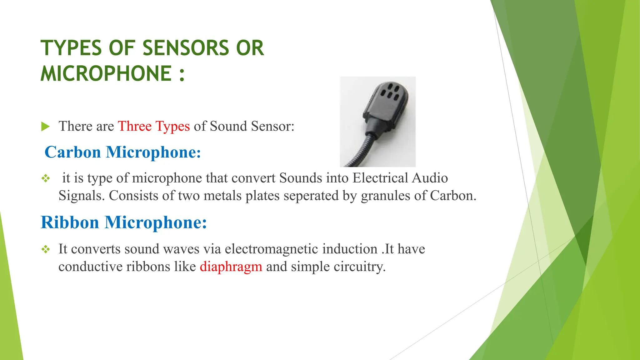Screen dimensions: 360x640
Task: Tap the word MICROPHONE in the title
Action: pyautogui.click(x=106, y=74)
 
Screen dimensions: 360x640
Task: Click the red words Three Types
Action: pyautogui.click(x=154, y=126)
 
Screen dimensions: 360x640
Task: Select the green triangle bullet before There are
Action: pyautogui.click(x=45, y=127)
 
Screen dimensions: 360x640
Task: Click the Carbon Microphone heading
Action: pyautogui.click(x=122, y=152)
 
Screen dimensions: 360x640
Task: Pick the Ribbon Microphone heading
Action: pyautogui.click(x=124, y=223)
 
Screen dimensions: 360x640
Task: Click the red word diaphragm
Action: pyautogui.click(x=231, y=267)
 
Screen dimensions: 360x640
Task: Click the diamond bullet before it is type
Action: pyautogui.click(x=46, y=178)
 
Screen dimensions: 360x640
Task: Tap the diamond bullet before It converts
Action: pyautogui.click(x=46, y=249)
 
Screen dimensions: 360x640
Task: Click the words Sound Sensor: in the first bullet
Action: pyautogui.click(x=252, y=126)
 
